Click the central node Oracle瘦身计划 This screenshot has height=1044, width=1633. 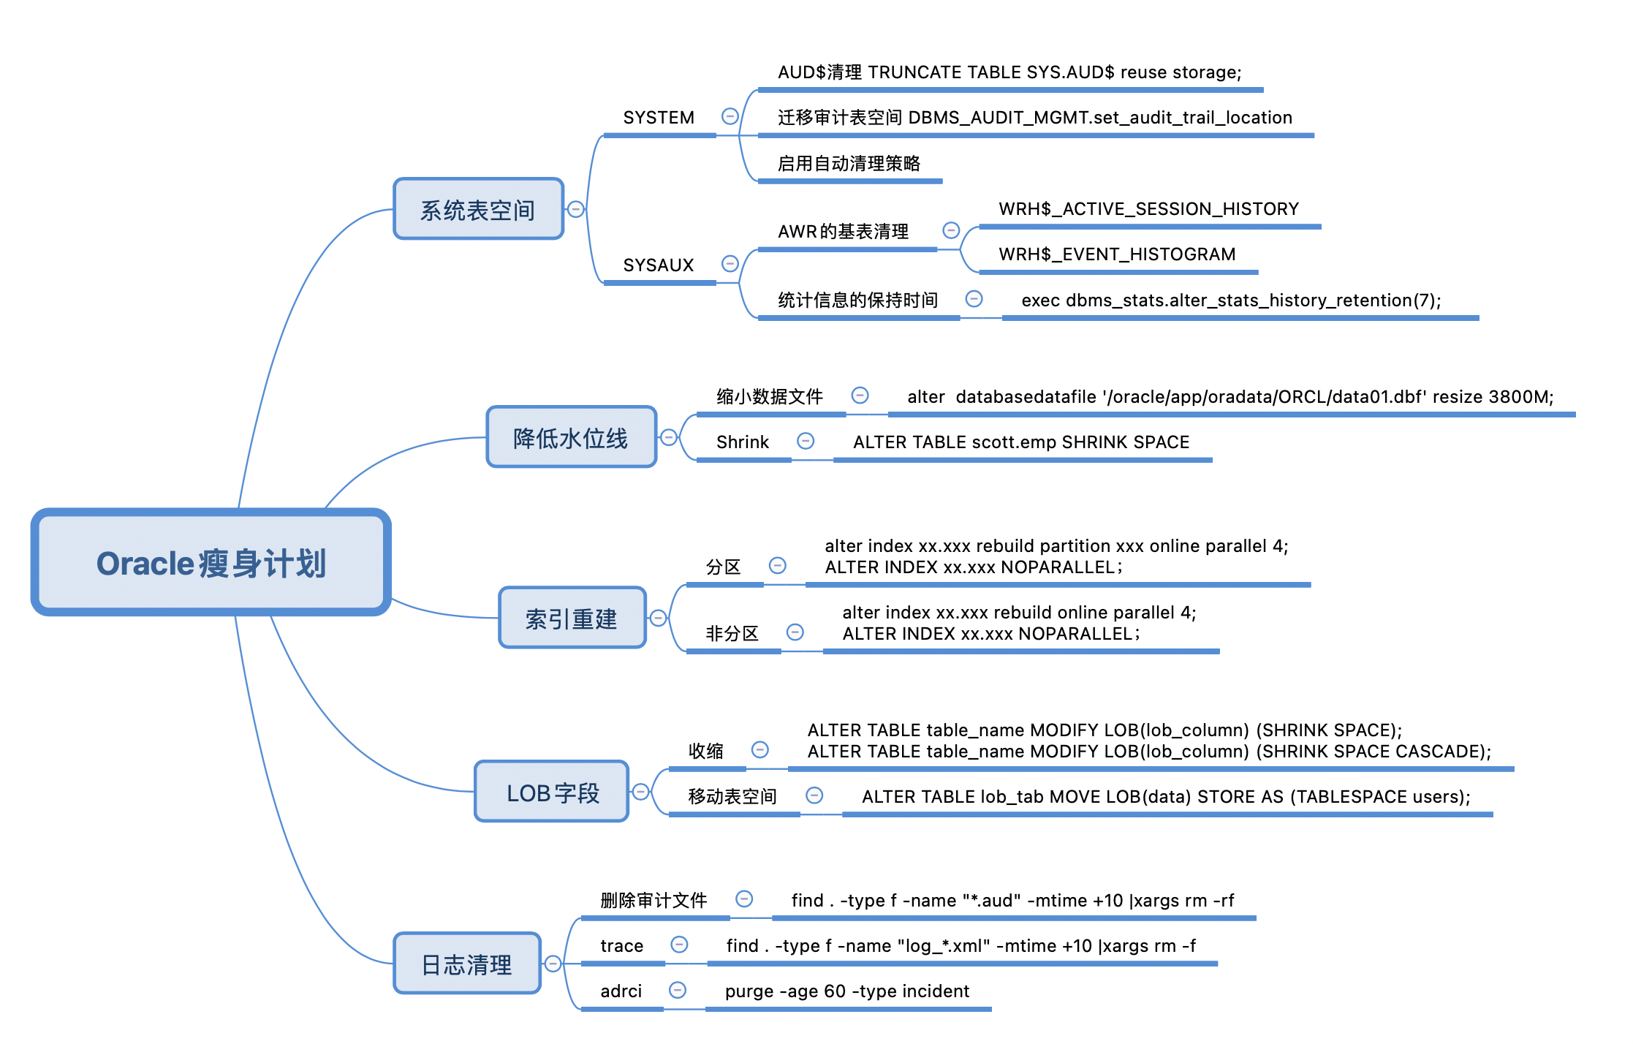click(211, 562)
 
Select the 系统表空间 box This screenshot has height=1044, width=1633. click(478, 209)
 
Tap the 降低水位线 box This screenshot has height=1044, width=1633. click(571, 437)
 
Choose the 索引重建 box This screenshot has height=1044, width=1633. click(572, 618)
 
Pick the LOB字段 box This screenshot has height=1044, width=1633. click(552, 792)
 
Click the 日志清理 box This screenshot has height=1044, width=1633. click(467, 964)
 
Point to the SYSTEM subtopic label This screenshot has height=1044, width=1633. click(658, 118)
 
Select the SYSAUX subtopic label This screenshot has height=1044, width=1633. click(658, 265)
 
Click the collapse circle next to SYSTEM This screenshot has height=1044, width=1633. click(730, 116)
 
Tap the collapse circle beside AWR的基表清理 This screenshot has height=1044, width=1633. click(950, 230)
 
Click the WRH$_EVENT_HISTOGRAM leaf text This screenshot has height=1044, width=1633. click(1116, 254)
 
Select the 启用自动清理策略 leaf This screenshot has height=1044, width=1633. click(849, 163)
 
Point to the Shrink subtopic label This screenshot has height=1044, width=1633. click(742, 442)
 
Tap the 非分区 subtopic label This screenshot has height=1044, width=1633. click(732, 633)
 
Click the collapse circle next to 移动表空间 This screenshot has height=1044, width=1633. click(814, 795)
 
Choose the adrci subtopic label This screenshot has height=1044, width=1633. click(621, 991)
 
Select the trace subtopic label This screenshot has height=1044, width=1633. click(621, 946)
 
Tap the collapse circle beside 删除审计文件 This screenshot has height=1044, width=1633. click(744, 899)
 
